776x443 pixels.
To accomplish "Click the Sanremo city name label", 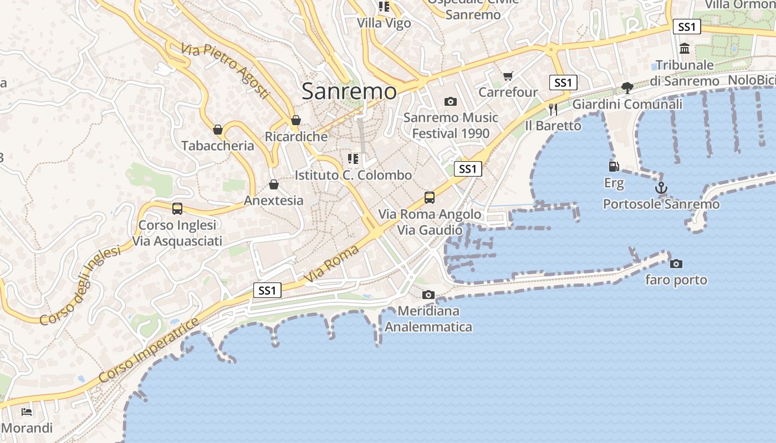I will pyautogui.click(x=349, y=91).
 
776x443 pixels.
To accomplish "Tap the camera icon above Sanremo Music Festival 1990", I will pyautogui.click(x=451, y=101).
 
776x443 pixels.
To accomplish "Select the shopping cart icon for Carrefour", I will pyautogui.click(x=508, y=76).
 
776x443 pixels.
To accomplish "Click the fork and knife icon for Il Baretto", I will pyautogui.click(x=553, y=109).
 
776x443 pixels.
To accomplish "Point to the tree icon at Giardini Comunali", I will pyautogui.click(x=627, y=87).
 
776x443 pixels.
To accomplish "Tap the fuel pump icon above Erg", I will pyautogui.click(x=614, y=166).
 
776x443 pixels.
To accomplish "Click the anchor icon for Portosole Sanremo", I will pyautogui.click(x=661, y=188).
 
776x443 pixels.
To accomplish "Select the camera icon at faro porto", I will pyautogui.click(x=676, y=264).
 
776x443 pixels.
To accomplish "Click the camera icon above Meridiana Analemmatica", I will pyautogui.click(x=428, y=295).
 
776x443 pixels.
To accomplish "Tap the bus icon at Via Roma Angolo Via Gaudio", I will pyautogui.click(x=429, y=198).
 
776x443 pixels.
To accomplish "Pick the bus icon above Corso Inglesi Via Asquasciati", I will pyautogui.click(x=177, y=209).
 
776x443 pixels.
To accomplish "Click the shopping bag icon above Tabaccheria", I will pyautogui.click(x=218, y=130).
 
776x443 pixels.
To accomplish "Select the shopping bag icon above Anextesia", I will pyautogui.click(x=274, y=184).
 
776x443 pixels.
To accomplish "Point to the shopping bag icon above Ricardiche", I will pyautogui.click(x=296, y=120).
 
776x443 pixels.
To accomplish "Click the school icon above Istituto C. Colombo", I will pyautogui.click(x=353, y=159).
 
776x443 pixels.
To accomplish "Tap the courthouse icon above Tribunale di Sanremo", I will pyautogui.click(x=685, y=49).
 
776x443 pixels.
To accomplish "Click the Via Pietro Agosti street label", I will pyautogui.click(x=225, y=71).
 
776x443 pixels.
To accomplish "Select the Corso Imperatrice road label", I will pyautogui.click(x=149, y=351).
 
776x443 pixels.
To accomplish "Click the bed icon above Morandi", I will pyautogui.click(x=26, y=411).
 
